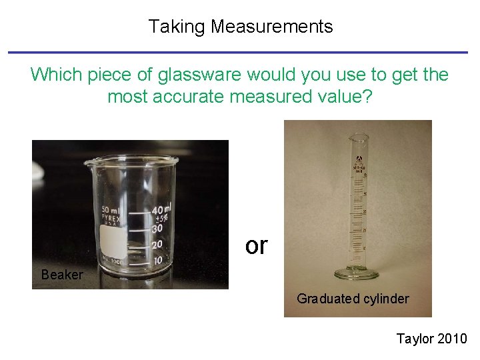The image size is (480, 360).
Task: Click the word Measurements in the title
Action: [271, 27]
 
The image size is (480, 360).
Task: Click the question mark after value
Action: [368, 97]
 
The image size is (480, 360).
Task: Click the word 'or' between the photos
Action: [256, 246]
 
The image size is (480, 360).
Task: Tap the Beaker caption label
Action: [62, 275]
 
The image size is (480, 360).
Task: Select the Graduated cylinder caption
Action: [353, 299]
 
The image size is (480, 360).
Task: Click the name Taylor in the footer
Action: [415, 339]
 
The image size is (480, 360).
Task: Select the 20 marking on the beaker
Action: [158, 245]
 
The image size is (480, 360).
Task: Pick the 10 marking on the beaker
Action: [157, 261]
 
